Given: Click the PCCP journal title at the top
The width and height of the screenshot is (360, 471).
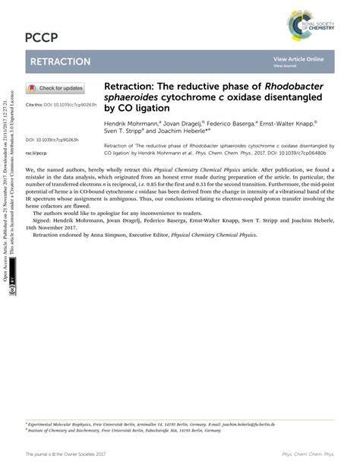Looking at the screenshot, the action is (42, 37).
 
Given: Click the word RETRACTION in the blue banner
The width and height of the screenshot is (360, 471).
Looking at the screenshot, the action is (60, 62).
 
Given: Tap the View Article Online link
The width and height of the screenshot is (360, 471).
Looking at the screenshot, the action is (298, 58).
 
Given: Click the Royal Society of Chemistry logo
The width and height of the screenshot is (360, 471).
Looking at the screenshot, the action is (310, 25).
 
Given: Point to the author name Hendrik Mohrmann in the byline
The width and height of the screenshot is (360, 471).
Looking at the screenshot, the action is (131, 122).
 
